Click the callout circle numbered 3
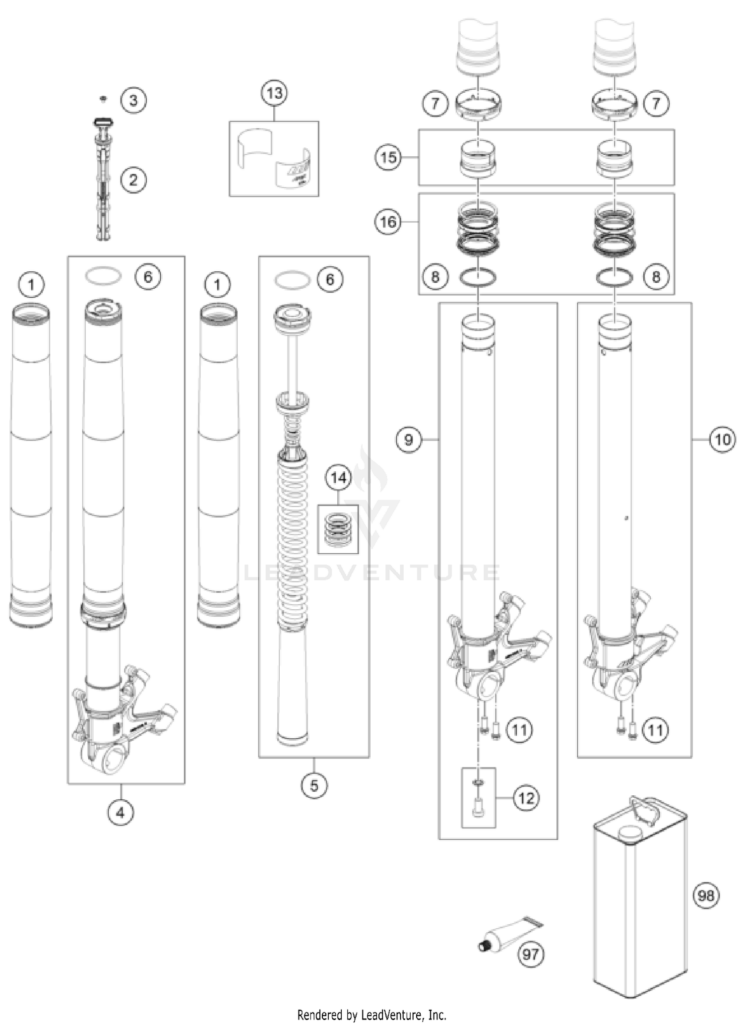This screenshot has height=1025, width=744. click(133, 101)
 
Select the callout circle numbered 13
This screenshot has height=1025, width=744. click(274, 93)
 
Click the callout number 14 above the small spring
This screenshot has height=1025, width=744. click(338, 478)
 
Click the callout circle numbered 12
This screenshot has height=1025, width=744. click(526, 798)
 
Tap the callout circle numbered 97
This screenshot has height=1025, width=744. click(530, 954)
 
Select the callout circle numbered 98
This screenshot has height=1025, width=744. click(705, 896)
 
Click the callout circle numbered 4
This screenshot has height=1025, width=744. click(121, 812)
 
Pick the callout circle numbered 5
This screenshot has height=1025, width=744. click(314, 785)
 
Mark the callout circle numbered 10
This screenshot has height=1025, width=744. click(722, 439)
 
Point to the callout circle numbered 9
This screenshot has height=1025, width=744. click(408, 439)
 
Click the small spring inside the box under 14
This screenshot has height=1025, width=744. click(338, 530)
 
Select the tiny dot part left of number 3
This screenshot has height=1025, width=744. click(103, 99)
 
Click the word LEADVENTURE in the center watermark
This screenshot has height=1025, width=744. click(372, 573)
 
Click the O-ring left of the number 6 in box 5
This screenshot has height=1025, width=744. click(292, 279)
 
